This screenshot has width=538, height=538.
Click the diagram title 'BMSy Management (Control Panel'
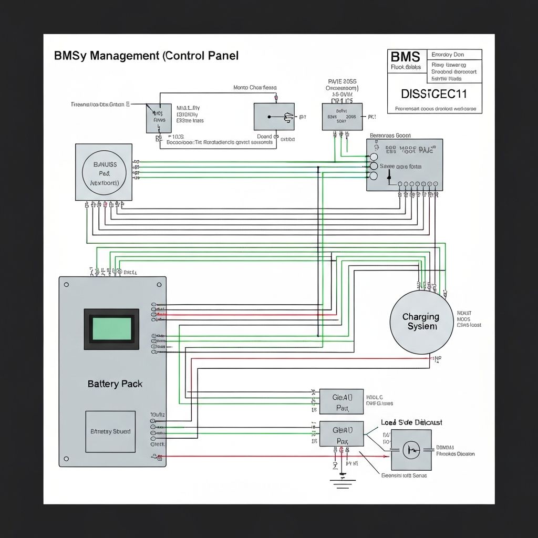(x=147, y=56)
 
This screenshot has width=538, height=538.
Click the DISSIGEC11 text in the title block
(x=434, y=94)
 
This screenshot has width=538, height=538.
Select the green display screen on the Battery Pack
(x=111, y=329)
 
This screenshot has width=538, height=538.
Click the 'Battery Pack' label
(x=115, y=384)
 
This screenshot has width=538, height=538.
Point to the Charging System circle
(x=421, y=322)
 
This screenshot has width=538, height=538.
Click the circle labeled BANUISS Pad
(x=104, y=172)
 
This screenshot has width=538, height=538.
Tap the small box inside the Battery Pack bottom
(x=110, y=431)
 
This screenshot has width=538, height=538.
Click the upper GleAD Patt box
(x=341, y=402)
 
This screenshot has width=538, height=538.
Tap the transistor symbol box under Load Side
(x=411, y=449)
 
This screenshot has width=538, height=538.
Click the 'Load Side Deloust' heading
(x=411, y=422)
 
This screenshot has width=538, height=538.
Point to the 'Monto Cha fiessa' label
(x=255, y=88)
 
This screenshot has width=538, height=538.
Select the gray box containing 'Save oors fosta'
(x=405, y=165)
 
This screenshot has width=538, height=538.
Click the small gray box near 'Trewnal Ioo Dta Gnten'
(x=158, y=118)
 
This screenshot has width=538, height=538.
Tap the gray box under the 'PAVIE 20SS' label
(x=342, y=117)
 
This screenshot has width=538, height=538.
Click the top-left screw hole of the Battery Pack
(x=67, y=284)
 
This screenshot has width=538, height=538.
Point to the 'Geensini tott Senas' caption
(x=403, y=475)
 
